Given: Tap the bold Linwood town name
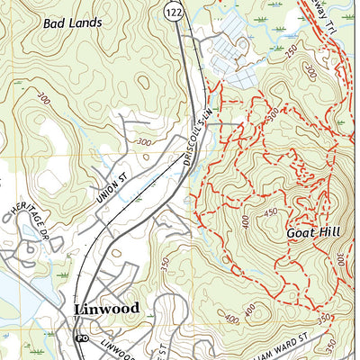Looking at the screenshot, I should tap(105, 309).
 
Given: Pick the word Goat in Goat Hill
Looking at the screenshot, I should tap(300, 232).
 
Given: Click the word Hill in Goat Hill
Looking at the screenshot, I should tap(331, 232).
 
